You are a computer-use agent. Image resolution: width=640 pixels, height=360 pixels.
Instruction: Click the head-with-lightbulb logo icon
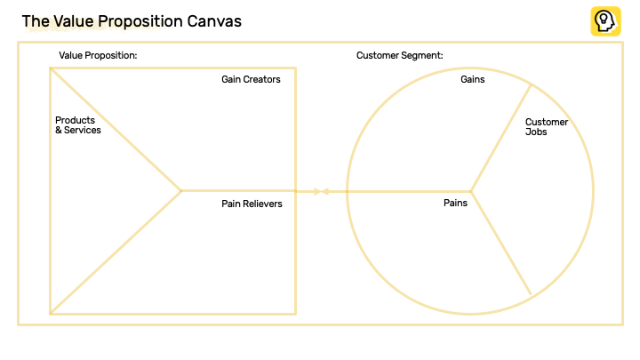point(605,21)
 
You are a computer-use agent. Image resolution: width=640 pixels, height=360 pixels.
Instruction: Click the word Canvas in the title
point(213,20)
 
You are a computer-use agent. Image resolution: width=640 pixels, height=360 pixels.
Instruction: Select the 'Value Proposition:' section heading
point(98,55)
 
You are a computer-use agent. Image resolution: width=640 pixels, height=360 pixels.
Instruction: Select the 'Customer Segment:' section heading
point(399,55)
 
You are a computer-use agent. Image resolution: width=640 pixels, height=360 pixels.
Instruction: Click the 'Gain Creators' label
point(251,79)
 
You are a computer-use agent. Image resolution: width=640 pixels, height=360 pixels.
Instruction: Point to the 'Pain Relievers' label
point(252,204)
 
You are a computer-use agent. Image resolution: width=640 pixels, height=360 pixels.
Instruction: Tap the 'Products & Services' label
point(77,125)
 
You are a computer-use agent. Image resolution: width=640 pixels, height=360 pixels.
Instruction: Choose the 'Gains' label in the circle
point(472,79)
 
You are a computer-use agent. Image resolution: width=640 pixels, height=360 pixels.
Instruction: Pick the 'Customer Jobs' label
point(546,126)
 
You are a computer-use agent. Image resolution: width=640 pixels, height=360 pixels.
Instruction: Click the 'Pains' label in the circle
point(455,203)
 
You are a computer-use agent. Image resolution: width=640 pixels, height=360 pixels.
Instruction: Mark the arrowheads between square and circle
point(321,191)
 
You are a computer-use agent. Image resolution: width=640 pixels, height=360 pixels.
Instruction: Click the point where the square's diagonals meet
point(181,190)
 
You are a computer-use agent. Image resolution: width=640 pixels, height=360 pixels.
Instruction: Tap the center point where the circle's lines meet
point(470,191)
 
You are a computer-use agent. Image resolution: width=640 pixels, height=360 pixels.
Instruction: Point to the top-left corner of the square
point(51,68)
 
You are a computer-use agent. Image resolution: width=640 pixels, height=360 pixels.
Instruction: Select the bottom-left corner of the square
point(51,314)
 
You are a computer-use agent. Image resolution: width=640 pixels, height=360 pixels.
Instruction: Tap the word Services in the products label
point(84,131)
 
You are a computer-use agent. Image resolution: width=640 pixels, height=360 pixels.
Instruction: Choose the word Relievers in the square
point(264,204)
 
